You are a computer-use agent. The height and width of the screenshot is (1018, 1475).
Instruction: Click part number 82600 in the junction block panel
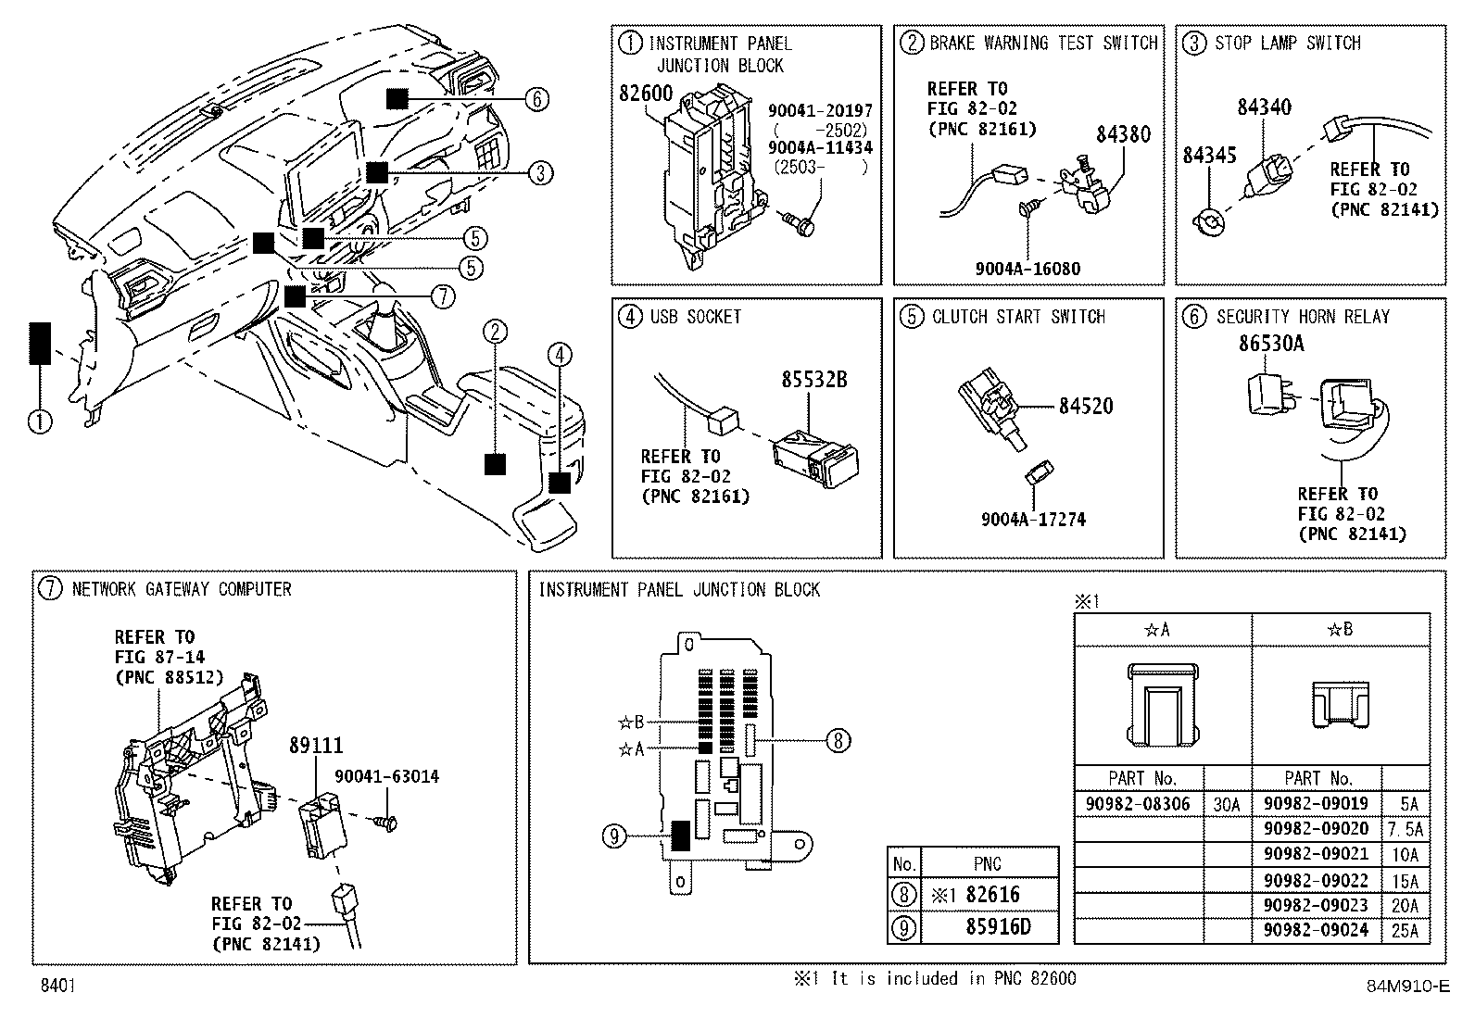click(645, 94)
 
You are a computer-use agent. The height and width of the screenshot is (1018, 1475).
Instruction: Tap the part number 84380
click(1123, 134)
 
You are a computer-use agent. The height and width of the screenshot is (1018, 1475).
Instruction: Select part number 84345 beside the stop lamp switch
click(1210, 156)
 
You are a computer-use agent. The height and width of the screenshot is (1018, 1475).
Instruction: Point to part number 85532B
click(813, 379)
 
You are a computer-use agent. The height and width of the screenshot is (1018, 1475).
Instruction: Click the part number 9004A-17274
click(1033, 520)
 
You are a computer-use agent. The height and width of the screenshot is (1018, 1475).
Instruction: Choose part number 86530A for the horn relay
click(1271, 343)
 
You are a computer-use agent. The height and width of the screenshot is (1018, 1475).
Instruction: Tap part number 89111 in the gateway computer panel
click(316, 746)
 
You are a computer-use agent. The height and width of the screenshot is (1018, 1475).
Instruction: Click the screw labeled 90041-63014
click(385, 823)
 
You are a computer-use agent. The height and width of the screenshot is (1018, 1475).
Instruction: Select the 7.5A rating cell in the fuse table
click(1406, 829)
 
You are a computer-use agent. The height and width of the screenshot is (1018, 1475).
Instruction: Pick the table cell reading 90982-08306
click(1138, 804)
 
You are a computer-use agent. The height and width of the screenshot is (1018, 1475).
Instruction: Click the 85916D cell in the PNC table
click(998, 927)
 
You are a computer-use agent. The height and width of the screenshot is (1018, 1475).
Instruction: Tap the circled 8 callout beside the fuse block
click(838, 741)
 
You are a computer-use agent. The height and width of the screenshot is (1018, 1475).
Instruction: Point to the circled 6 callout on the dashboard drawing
click(536, 99)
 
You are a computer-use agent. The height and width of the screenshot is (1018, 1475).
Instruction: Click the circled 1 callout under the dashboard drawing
click(40, 421)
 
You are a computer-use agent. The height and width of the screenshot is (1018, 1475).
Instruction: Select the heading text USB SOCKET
click(696, 317)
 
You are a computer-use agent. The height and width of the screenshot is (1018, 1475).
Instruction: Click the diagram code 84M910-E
click(1408, 986)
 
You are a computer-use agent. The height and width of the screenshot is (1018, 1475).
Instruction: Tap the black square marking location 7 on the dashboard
click(295, 296)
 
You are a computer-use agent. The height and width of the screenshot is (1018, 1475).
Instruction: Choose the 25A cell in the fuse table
click(1406, 931)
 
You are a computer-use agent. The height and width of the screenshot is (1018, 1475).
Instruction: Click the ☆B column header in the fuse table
click(1340, 630)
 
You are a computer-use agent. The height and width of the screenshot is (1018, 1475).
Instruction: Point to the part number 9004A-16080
click(1027, 269)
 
